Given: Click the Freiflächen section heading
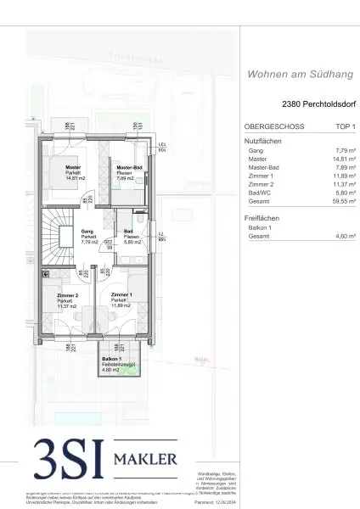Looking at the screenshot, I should [x=263, y=218].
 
